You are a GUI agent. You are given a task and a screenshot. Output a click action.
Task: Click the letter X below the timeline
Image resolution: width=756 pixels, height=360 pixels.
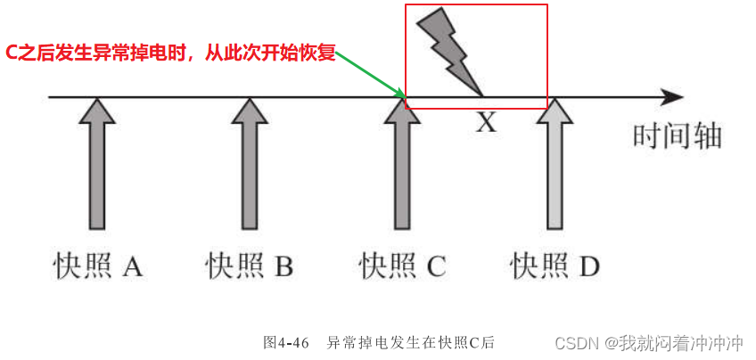[x=485, y=122]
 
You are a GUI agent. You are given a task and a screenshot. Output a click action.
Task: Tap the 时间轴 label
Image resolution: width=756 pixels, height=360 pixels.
[x=676, y=135]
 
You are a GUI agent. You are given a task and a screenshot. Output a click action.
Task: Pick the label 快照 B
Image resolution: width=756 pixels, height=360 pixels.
[x=250, y=266]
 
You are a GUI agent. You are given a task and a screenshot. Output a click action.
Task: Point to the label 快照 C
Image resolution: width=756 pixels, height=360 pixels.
[x=402, y=266]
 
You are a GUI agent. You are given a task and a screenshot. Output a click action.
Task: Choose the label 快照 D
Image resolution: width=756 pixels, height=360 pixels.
[x=555, y=266]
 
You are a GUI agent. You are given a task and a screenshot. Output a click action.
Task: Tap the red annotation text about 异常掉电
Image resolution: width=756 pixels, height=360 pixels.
[x=170, y=53]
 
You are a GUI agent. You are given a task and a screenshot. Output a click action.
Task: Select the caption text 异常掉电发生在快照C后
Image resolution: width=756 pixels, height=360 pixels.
[x=410, y=342]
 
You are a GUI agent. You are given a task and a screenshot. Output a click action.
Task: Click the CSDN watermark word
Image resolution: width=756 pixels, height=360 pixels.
[x=576, y=342]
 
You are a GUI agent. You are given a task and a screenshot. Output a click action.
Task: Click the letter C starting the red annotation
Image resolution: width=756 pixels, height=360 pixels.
[x=12, y=53]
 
